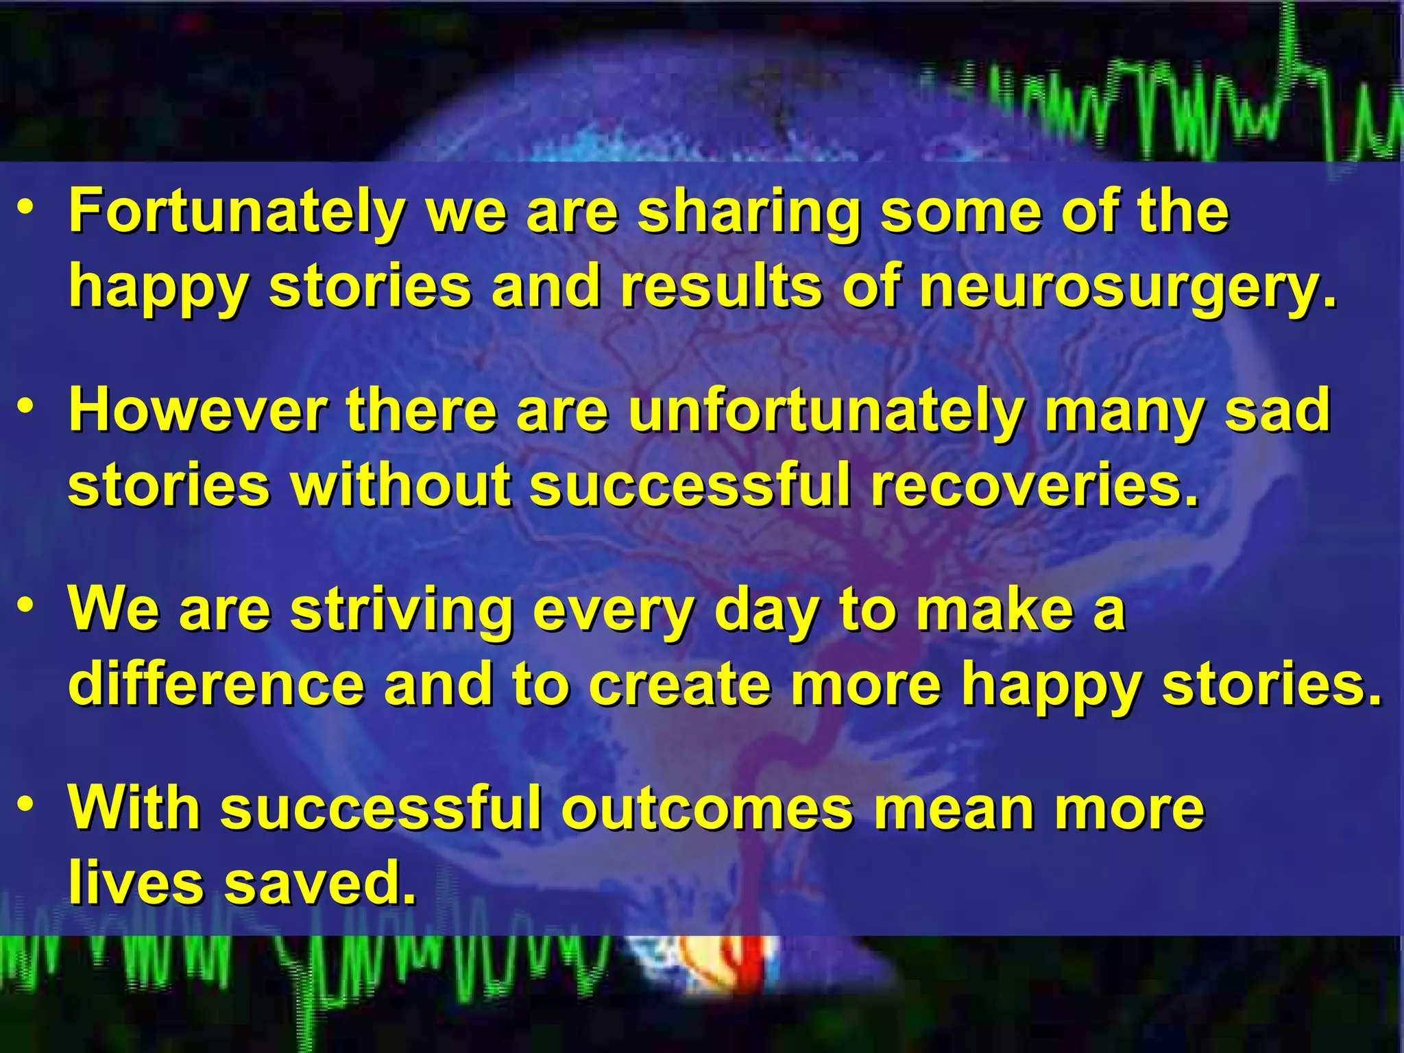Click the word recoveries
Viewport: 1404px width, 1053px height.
(1035, 485)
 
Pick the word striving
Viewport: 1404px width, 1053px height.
(402, 610)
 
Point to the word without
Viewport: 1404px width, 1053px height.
(401, 485)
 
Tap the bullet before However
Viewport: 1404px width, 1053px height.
(25, 406)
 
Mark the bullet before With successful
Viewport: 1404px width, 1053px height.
(25, 803)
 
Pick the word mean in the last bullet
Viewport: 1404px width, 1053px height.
(954, 809)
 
